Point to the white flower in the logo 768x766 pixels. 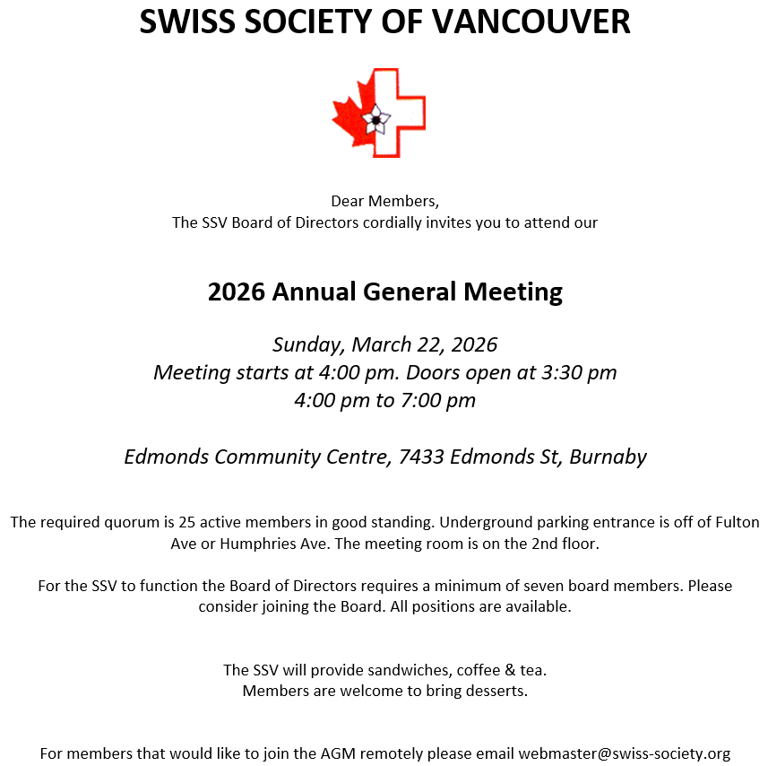(375, 119)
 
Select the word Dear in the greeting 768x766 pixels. (348, 200)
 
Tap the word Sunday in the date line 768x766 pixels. (307, 344)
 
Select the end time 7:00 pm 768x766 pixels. (436, 400)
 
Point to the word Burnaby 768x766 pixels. (608, 457)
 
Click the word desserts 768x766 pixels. (495, 691)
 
